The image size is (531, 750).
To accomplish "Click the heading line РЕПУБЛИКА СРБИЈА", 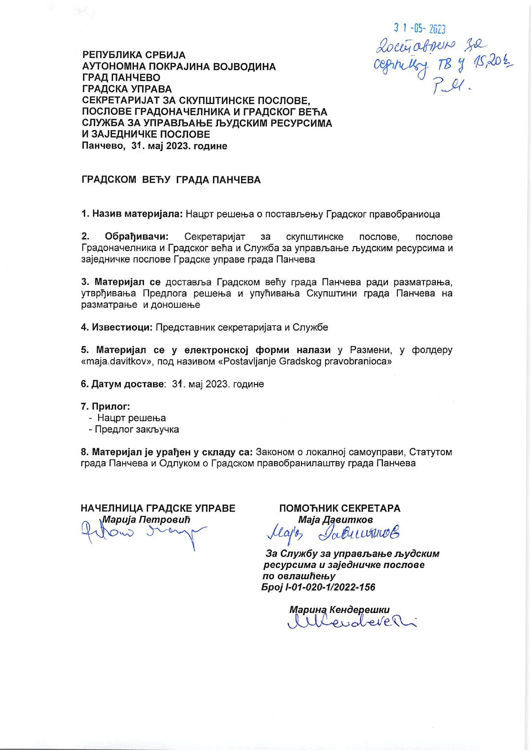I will point(134,55).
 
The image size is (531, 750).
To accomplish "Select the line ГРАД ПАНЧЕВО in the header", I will point(121,78).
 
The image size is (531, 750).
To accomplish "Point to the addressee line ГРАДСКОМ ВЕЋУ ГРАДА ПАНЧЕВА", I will point(171,180).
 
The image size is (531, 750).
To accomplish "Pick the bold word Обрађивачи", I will point(137,237).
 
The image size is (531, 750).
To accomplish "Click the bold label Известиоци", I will point(122,327).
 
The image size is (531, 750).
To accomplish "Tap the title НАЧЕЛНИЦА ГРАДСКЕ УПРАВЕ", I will point(158,508).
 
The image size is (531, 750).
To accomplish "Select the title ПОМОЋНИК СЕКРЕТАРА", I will point(340,508).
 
